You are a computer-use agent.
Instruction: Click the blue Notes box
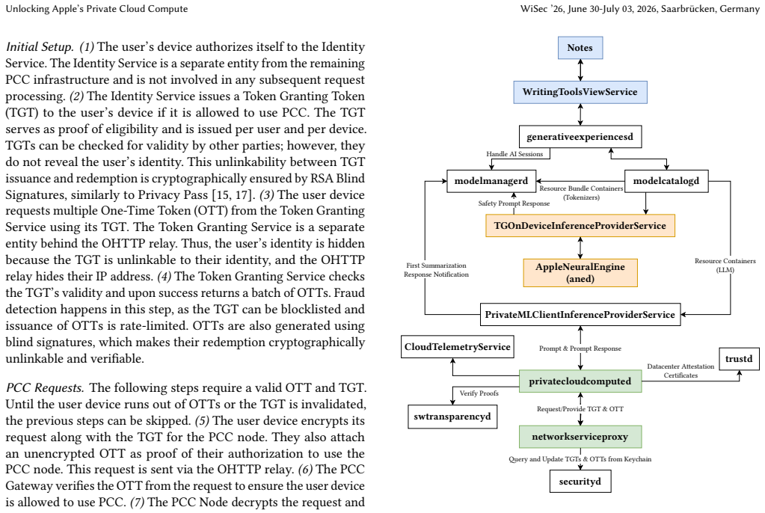(x=580, y=48)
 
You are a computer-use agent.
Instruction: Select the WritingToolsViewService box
(x=580, y=92)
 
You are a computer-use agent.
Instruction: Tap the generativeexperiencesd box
(x=580, y=137)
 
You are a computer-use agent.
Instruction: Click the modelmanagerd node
(x=491, y=181)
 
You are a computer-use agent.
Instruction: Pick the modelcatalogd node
(x=666, y=181)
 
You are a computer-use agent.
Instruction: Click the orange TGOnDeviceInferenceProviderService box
(x=580, y=226)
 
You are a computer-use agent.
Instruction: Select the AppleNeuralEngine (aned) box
(x=580, y=273)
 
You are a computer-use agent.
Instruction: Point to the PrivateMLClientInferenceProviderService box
(x=580, y=314)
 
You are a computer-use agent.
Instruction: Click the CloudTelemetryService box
(x=457, y=346)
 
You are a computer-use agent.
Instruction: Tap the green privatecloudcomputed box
(x=580, y=381)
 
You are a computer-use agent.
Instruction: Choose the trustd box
(x=739, y=359)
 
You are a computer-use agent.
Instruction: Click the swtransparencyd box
(x=452, y=417)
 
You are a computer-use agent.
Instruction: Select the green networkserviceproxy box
(x=580, y=437)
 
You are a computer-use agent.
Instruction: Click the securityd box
(x=580, y=482)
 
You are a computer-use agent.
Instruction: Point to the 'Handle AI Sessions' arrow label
(x=514, y=154)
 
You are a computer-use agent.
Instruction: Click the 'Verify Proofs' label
(x=479, y=393)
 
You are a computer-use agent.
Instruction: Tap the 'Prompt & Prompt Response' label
(x=580, y=348)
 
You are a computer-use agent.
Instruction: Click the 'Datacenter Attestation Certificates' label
(x=680, y=371)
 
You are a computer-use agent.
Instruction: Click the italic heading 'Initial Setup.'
(x=40, y=47)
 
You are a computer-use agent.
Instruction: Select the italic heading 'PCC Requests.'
(x=45, y=388)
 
